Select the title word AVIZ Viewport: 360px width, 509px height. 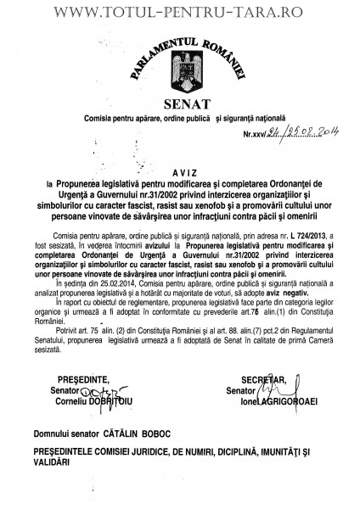[181, 171]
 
